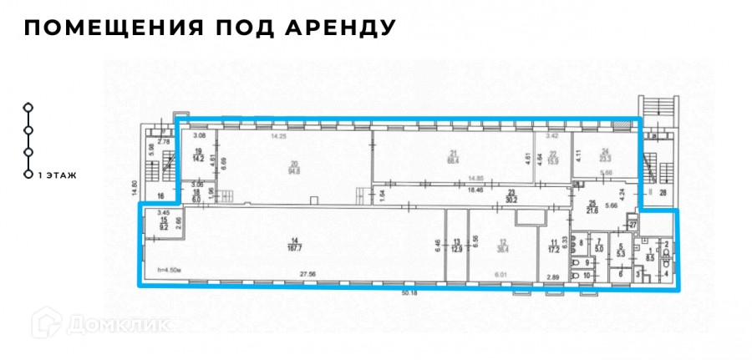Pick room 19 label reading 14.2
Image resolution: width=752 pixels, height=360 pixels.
(198, 154)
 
